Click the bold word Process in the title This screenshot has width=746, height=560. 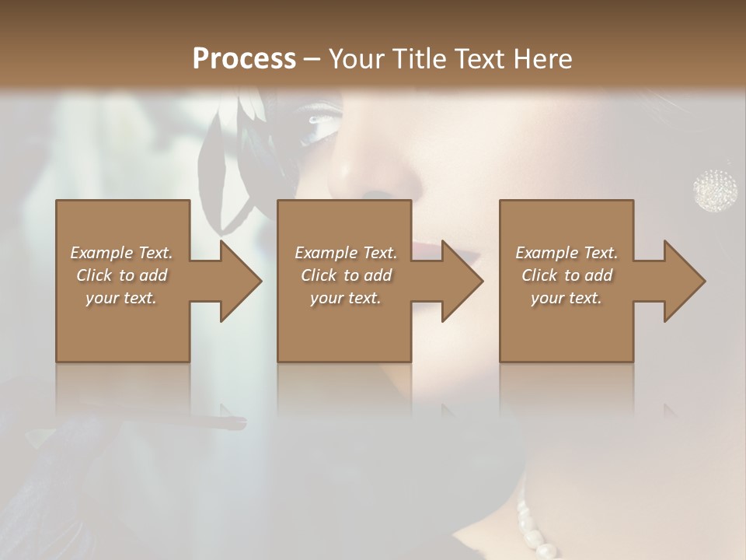coord(244,59)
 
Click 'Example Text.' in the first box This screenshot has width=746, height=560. coord(121,253)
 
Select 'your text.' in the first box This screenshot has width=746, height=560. coord(121,298)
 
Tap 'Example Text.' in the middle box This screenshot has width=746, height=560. coord(346,253)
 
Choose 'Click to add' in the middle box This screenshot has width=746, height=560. coord(346,275)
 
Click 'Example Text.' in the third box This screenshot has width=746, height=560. coord(566,253)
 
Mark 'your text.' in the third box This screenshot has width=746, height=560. coord(566,298)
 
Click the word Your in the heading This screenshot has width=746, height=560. coord(354,59)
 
